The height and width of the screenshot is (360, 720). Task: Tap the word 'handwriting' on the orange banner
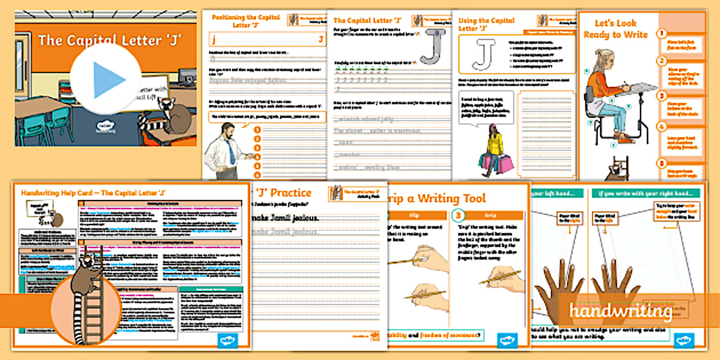pyautogui.click(x=620, y=311)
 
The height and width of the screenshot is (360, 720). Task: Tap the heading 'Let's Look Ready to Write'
pyautogui.click(x=615, y=29)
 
